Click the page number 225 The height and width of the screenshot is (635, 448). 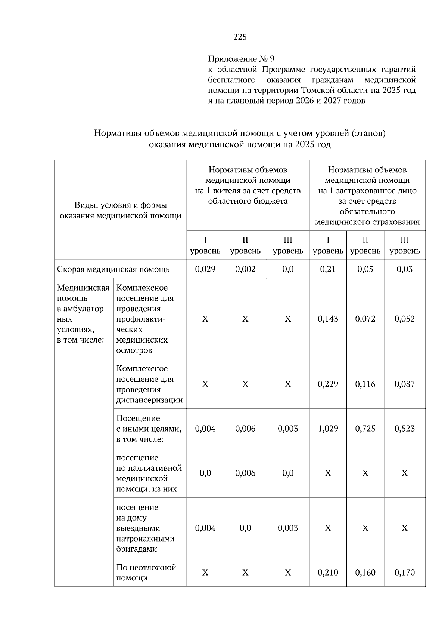[x=240, y=37]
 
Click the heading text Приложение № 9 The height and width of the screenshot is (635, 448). [x=241, y=59]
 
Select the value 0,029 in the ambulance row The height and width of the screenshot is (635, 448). [x=205, y=269]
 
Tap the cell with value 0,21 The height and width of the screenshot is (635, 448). [x=327, y=269]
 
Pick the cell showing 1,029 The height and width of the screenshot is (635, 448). [x=327, y=429]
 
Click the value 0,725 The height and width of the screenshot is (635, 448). [x=365, y=429]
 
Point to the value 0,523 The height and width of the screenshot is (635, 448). [x=404, y=429]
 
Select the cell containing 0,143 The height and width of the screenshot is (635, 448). [x=327, y=319]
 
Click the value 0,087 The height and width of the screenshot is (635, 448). [x=404, y=384]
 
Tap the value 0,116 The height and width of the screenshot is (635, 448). [x=365, y=384]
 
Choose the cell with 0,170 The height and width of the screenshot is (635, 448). [x=404, y=573]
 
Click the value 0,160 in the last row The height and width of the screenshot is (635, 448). [x=365, y=573]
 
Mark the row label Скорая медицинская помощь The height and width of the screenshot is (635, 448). [x=113, y=269]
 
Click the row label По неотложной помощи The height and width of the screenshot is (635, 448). [x=146, y=573]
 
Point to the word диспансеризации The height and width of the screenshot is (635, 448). [x=149, y=400]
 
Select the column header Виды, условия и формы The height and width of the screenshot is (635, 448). [x=121, y=205]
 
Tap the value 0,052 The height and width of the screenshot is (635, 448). [x=404, y=319]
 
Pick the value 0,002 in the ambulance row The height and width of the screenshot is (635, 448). [x=245, y=269]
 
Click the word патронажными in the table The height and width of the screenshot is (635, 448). [x=145, y=539]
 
